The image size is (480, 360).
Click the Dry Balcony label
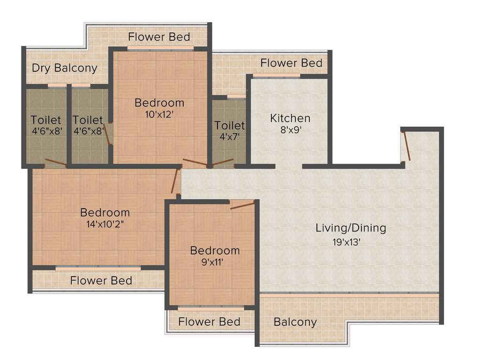(x=65, y=68)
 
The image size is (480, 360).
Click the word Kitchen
(x=290, y=118)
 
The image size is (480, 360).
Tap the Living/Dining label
(x=351, y=228)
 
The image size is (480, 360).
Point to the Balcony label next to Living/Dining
(x=295, y=322)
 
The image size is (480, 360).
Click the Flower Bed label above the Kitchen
(x=291, y=63)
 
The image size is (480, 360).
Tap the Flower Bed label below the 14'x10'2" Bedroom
(x=101, y=281)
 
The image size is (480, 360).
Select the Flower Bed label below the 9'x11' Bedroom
(x=209, y=322)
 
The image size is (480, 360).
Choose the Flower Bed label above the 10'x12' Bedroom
(x=159, y=37)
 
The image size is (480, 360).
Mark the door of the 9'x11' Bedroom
(x=242, y=204)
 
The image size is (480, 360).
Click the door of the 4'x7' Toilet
(x=223, y=163)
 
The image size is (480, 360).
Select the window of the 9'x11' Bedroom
(x=211, y=308)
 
